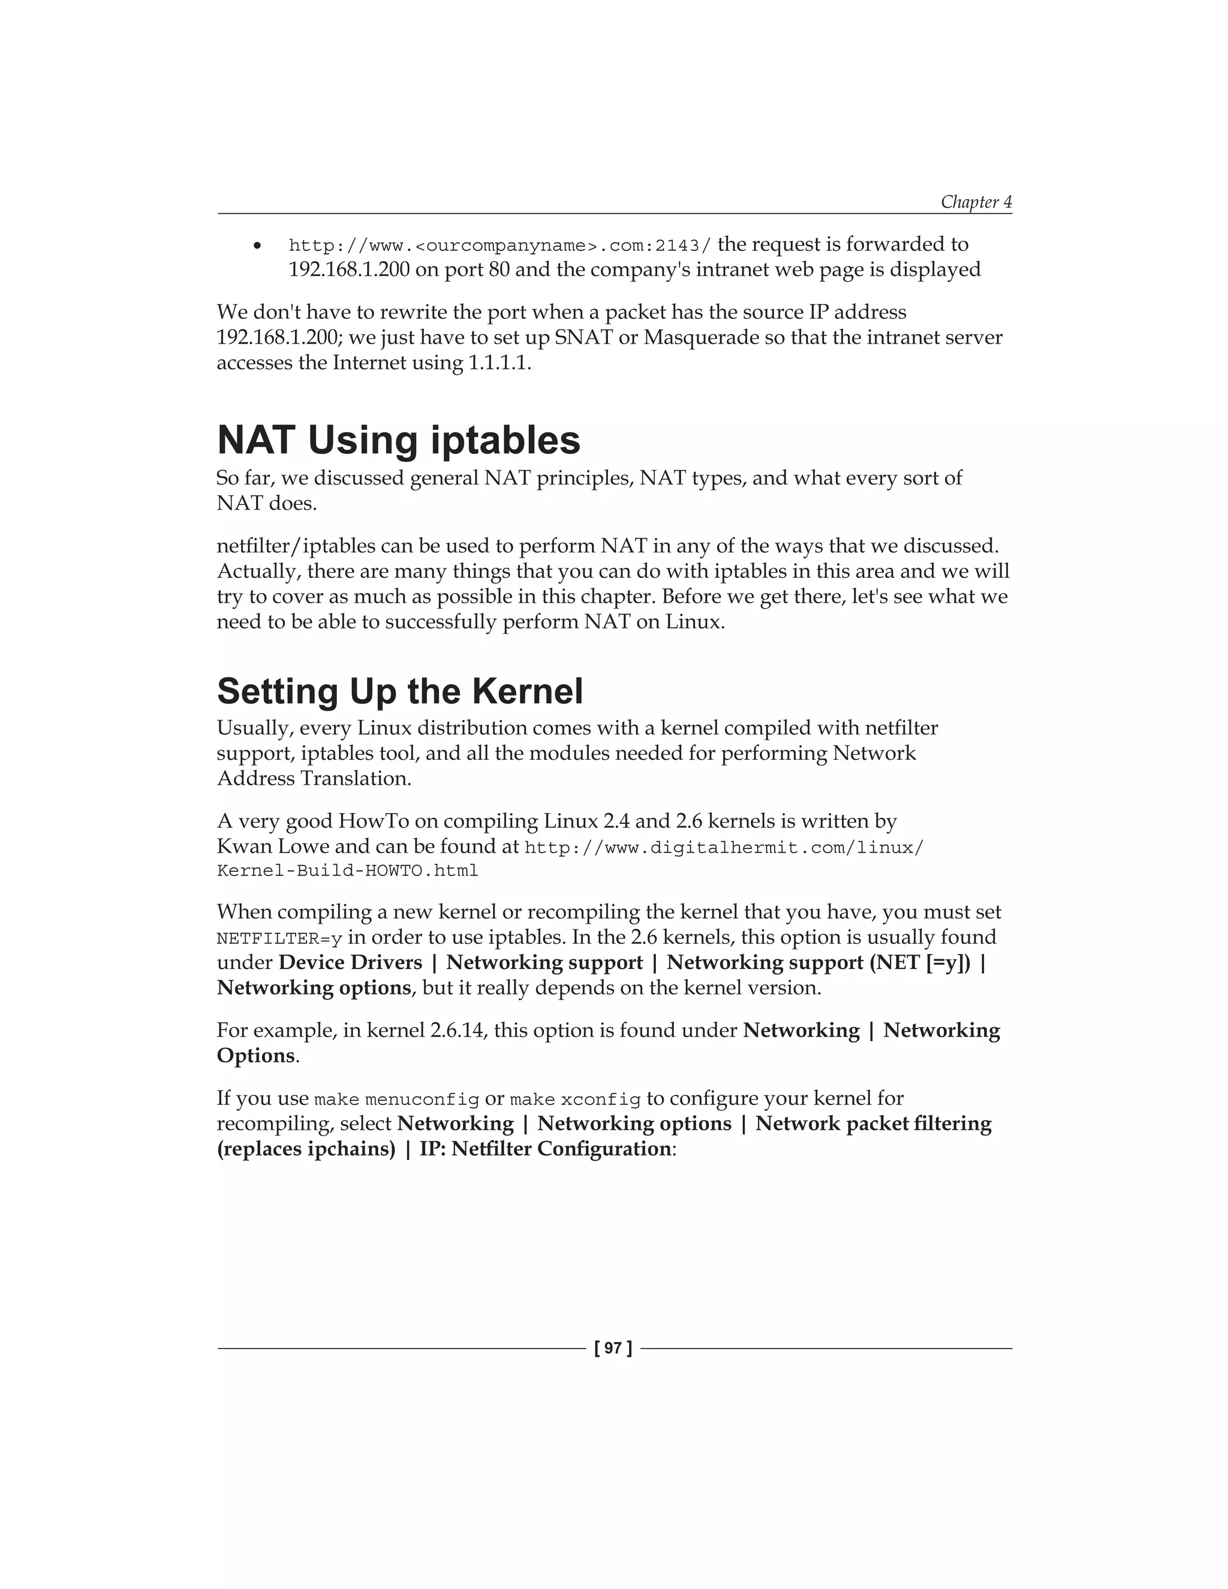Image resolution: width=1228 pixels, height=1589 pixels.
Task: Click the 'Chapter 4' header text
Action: (x=976, y=201)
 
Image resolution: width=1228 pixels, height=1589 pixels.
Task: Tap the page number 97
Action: (x=613, y=1348)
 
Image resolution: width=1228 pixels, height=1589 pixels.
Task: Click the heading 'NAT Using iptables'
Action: (x=398, y=440)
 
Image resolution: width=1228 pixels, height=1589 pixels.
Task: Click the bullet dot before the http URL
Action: (x=257, y=246)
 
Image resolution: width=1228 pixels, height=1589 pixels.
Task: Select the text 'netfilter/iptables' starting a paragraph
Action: (x=296, y=546)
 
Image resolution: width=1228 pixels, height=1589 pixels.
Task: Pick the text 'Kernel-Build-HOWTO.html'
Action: (x=347, y=871)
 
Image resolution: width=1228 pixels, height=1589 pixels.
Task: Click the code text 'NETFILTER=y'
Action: (x=279, y=938)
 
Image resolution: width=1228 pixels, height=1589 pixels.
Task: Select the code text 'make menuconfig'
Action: (x=396, y=1099)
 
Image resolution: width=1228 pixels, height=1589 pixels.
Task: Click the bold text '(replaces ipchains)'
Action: (x=306, y=1149)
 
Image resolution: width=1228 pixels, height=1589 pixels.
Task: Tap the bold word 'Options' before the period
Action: (x=255, y=1056)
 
